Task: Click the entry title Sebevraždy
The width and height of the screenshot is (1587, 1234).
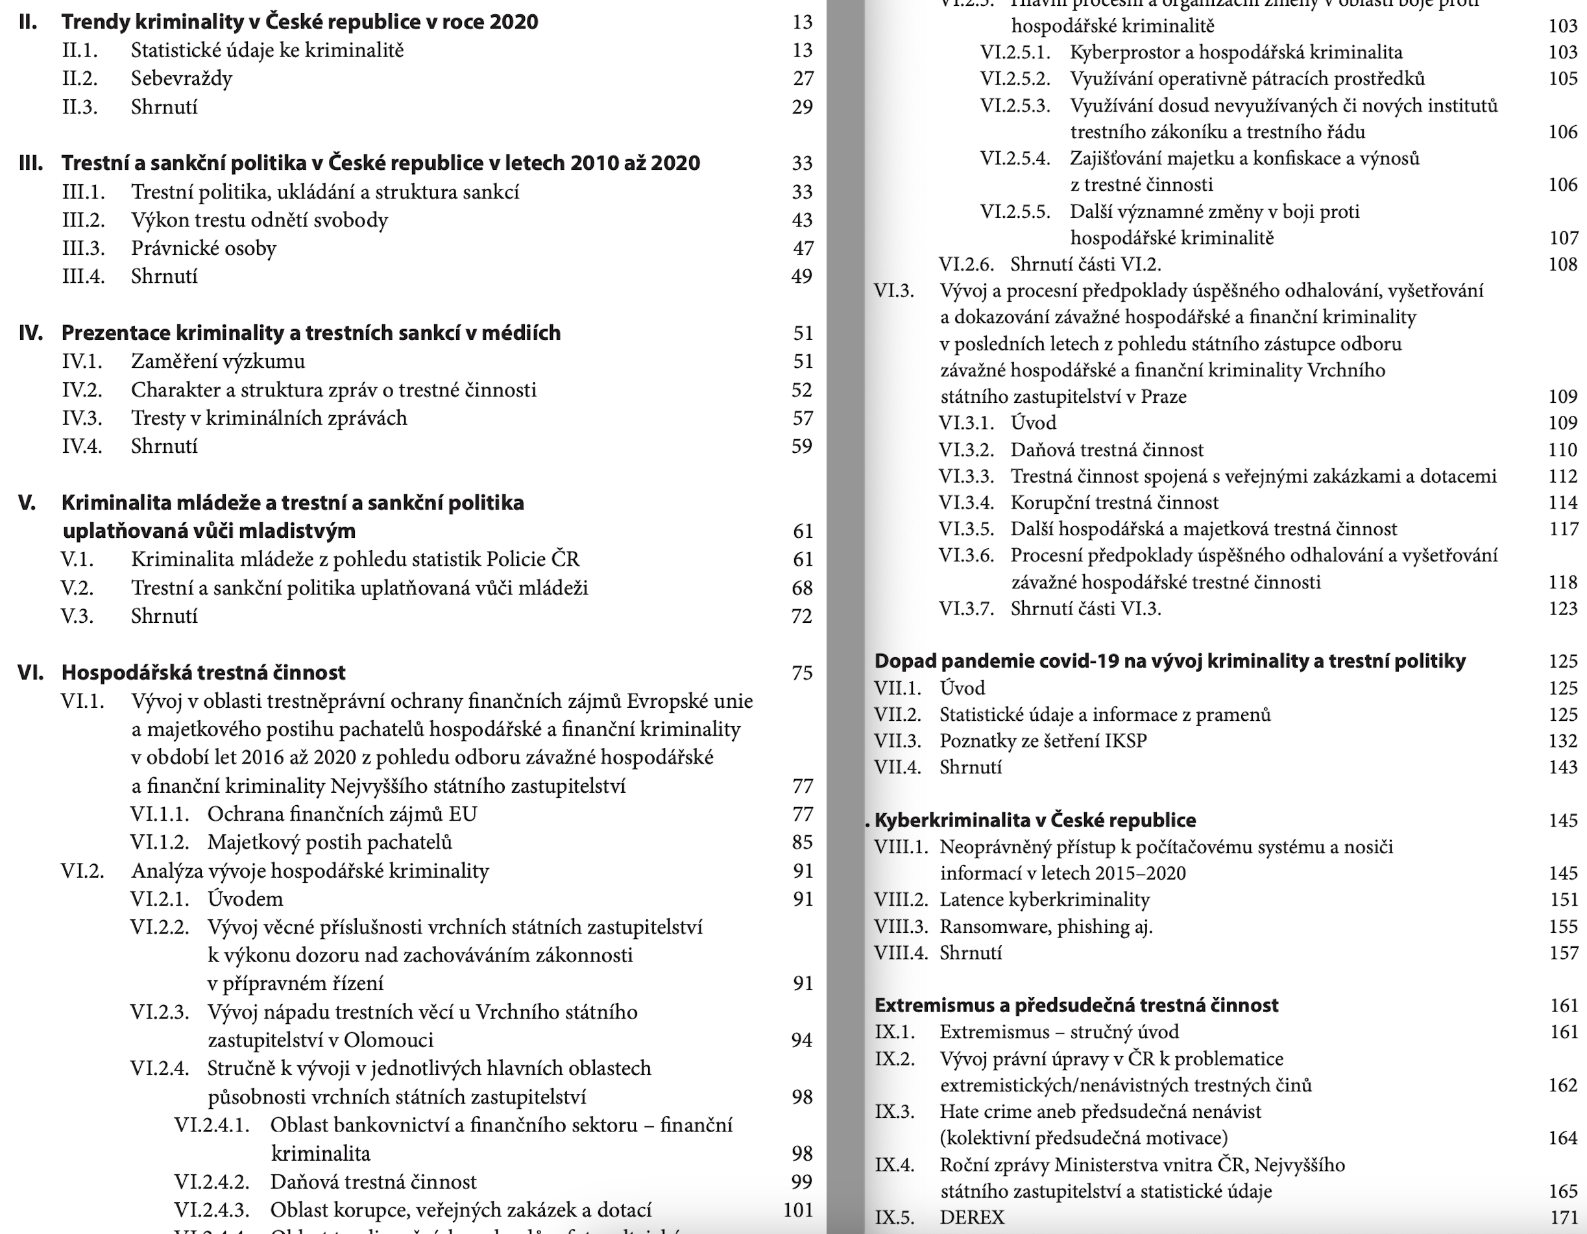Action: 181,79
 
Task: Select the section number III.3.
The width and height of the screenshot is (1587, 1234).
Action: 83,248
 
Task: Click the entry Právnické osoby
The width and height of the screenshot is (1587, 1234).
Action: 204,248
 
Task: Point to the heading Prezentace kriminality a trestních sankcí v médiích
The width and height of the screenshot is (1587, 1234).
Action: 310,333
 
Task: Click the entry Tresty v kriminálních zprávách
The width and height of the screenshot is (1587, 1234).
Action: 269,418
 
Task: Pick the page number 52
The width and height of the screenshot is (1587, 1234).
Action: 801,391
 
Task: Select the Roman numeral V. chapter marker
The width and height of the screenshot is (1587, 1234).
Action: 27,503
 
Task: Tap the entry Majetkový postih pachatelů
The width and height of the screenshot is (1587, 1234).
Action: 329,842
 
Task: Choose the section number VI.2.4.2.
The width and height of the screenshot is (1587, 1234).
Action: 212,1181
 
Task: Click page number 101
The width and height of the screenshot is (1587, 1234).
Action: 797,1210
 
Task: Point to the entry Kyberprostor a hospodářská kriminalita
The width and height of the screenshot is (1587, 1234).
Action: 1235,53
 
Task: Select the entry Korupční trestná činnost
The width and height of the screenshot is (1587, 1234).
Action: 1114,503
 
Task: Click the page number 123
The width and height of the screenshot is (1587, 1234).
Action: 1562,609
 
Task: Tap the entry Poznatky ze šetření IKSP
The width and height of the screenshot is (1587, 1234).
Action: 1043,742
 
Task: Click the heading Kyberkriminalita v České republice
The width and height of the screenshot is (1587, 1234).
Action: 1035,821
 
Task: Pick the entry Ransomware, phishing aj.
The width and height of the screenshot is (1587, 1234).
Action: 1046,926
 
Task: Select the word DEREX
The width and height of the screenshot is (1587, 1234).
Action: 971,1217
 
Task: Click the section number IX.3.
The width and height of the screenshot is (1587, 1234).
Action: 894,1112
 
